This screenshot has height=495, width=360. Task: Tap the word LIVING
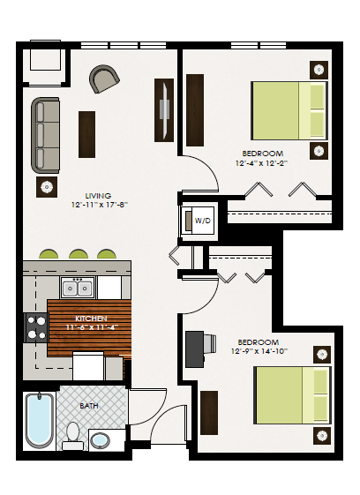pos(98,196)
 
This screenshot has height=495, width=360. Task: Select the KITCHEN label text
pos(91,318)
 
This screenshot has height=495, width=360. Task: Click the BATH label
pos(89,406)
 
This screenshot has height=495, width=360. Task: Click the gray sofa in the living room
pos(45,135)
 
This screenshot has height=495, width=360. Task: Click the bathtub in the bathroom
pos(39,420)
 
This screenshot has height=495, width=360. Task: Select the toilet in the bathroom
pos(73,434)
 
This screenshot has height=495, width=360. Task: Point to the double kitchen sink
pos(77,288)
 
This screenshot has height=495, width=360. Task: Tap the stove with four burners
pos(36,327)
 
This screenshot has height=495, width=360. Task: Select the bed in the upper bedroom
pos(288,109)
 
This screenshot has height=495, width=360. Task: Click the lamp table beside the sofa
pos(45,186)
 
